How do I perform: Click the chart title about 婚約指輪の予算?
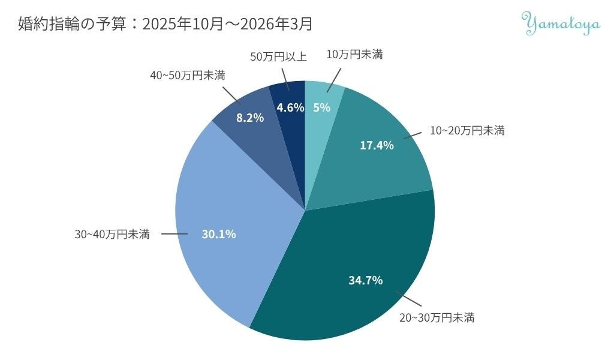(165, 24)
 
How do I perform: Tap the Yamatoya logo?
(561, 23)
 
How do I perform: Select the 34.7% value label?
(365, 280)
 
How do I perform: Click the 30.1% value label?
(218, 234)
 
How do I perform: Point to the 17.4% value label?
(377, 145)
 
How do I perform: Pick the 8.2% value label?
(250, 118)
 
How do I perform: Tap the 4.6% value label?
(290, 107)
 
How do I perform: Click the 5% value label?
(321, 107)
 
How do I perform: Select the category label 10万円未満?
(354, 55)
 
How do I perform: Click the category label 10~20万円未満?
(467, 130)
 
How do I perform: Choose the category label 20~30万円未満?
(437, 317)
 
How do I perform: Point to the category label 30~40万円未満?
(112, 234)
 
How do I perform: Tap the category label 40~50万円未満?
(188, 75)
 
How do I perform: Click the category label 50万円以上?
(278, 57)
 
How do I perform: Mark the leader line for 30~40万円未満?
(174, 234)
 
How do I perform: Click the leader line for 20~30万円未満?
(408, 298)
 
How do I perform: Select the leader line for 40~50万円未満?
(232, 95)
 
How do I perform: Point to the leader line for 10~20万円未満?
(413, 135)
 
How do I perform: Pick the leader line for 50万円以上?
(285, 80)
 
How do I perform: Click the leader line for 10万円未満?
(334, 80)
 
